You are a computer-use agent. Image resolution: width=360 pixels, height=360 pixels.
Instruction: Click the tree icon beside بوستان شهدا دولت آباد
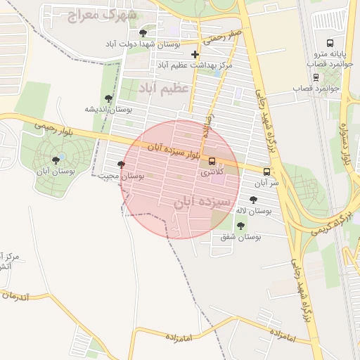(x=143, y=33)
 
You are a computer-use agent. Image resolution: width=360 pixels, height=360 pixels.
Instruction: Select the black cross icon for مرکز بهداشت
(x=195, y=54)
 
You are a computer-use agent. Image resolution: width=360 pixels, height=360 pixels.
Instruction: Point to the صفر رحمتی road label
(x=219, y=37)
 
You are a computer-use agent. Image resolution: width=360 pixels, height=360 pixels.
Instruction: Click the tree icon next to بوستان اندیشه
(x=108, y=98)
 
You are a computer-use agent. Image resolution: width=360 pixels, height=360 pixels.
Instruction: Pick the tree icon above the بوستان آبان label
(x=56, y=160)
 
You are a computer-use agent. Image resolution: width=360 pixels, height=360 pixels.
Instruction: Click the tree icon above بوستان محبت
(x=121, y=165)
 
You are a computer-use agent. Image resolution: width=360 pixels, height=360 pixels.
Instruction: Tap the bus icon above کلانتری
(x=212, y=162)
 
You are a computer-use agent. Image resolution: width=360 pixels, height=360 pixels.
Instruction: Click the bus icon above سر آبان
(x=266, y=172)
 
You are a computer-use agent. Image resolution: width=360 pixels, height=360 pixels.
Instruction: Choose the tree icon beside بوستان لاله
(x=253, y=200)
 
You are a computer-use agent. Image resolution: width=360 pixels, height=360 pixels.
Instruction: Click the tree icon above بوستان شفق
(x=241, y=226)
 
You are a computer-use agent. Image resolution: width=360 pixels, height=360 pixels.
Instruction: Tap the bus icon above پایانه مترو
(x=331, y=44)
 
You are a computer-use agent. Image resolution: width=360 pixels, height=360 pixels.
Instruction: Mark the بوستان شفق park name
(x=240, y=237)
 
